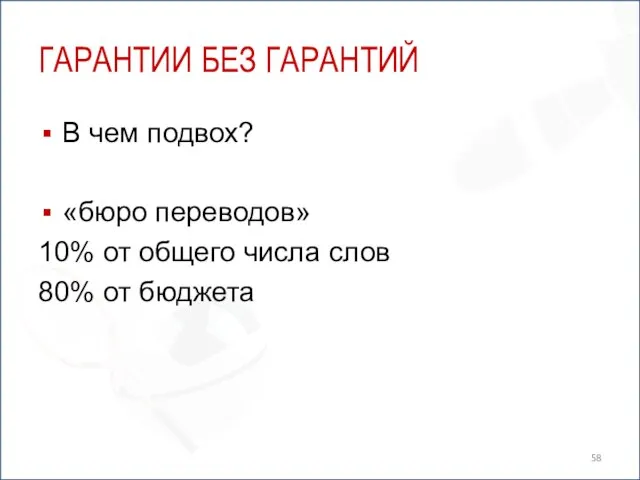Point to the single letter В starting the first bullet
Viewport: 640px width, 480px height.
71,132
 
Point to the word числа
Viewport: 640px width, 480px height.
280,253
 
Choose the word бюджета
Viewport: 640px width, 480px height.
197,294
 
